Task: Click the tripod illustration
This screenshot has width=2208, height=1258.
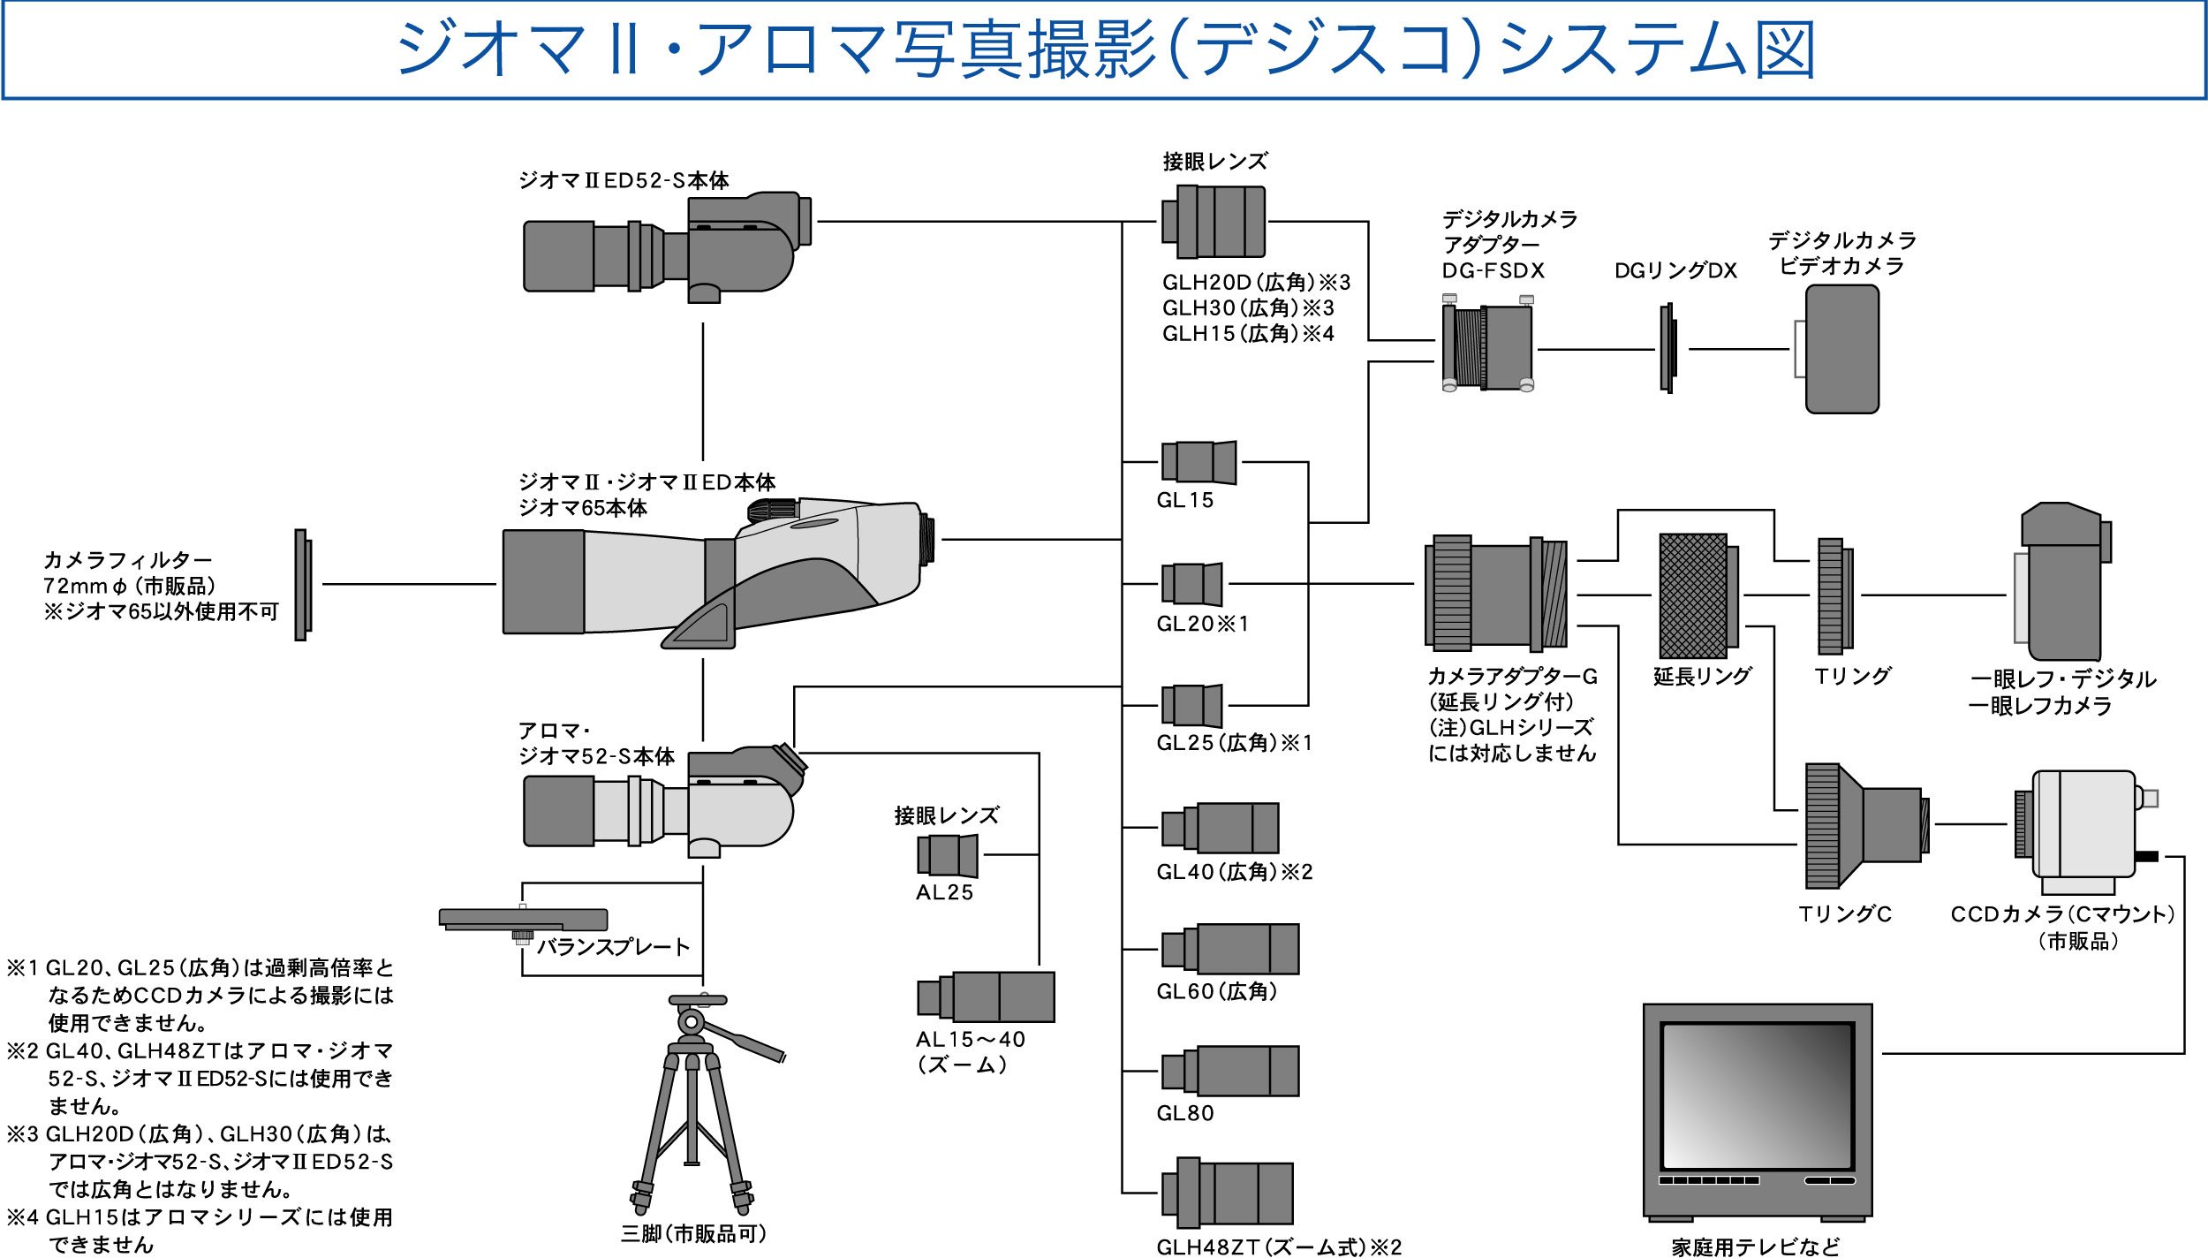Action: coord(694,1104)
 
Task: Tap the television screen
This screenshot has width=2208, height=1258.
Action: coord(1757,1095)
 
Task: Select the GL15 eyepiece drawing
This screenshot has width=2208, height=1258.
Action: coord(1199,463)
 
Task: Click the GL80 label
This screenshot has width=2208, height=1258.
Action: coord(1184,1113)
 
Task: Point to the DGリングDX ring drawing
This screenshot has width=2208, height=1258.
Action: coord(1667,349)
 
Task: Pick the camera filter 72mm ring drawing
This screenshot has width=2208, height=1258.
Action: coord(302,585)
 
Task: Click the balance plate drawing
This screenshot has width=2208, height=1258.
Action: coord(523,921)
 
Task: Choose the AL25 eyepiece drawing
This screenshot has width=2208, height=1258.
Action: coord(947,855)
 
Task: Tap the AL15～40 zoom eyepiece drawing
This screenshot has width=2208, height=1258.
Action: coord(986,997)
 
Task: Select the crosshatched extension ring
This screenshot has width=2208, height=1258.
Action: coord(1694,595)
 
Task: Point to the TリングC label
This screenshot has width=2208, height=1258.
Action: coord(1845,914)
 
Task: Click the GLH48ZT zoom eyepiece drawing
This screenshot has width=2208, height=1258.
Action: coord(1227,1194)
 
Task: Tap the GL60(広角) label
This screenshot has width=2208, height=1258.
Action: coord(1217,992)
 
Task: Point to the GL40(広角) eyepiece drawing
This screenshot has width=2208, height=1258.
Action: coord(1220,828)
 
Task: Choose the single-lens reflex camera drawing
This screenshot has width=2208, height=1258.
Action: coord(2061,583)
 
